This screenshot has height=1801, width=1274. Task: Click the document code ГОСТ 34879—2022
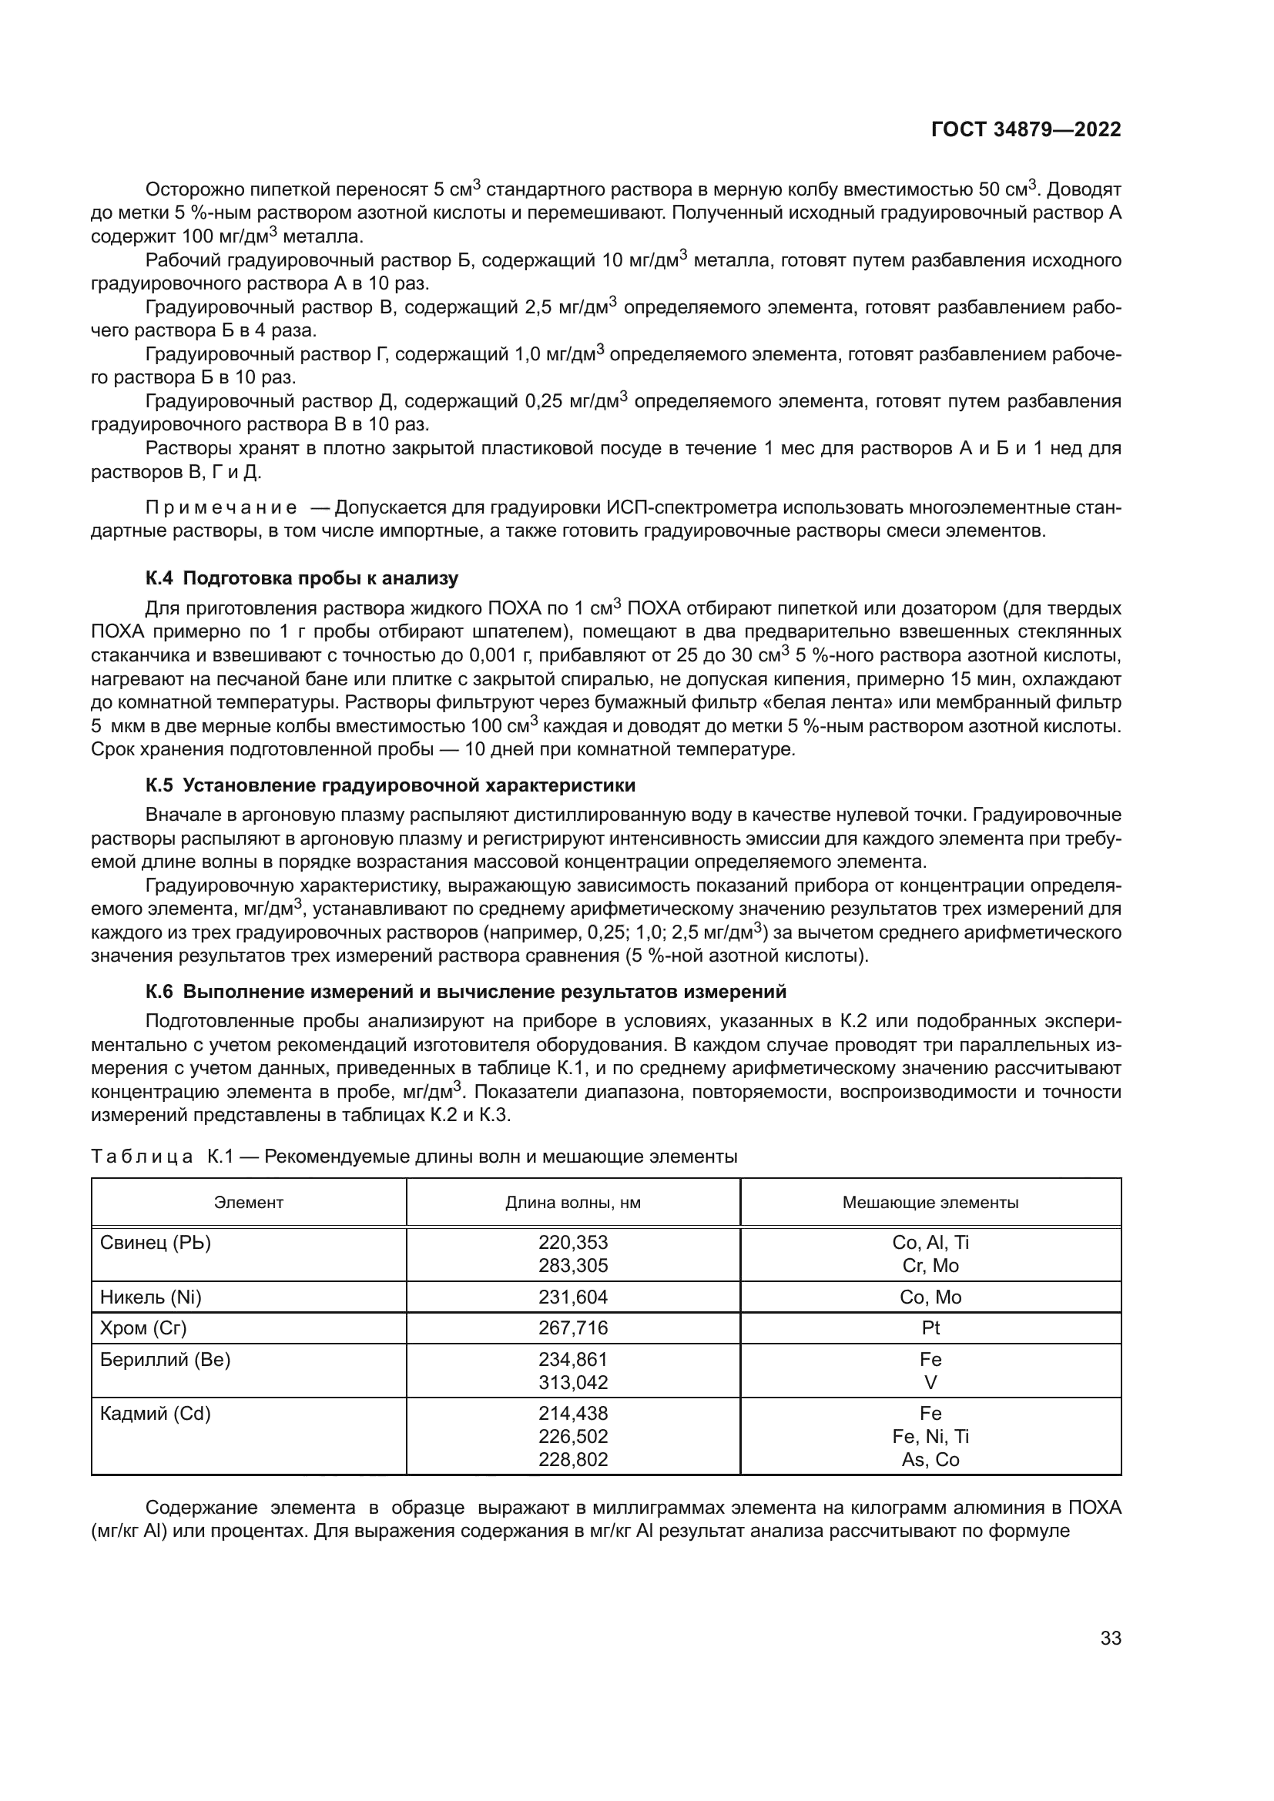[x=1025, y=129]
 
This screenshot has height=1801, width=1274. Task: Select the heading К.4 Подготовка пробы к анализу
[x=302, y=578]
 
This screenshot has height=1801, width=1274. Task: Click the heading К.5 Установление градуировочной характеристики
[x=390, y=785]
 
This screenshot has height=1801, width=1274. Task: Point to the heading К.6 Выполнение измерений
[x=465, y=992]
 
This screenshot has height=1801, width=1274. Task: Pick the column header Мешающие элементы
[x=930, y=1203]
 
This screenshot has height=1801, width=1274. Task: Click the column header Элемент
[x=249, y=1203]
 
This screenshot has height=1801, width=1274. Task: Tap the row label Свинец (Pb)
[x=156, y=1243]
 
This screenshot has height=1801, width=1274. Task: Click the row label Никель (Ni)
[x=151, y=1297]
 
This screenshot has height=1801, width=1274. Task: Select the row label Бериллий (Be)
[x=165, y=1359]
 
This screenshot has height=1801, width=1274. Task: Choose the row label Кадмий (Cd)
[x=156, y=1414]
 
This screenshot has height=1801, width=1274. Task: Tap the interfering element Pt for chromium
[x=930, y=1328]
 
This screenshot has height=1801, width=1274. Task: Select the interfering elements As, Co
[x=930, y=1460]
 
